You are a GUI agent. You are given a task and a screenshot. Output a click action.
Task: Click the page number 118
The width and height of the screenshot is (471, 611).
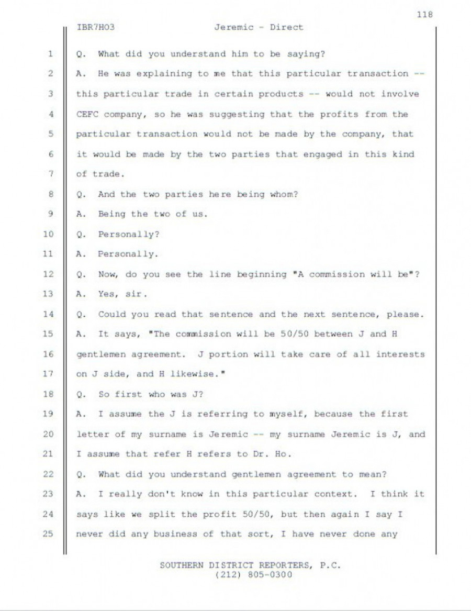[x=425, y=14]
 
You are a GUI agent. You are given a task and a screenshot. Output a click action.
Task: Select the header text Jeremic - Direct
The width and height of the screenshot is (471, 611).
[x=259, y=27]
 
